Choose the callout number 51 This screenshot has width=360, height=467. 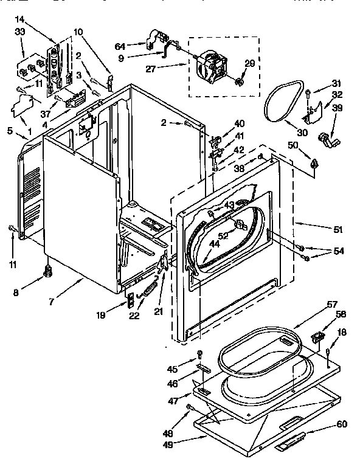tap(337, 229)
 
